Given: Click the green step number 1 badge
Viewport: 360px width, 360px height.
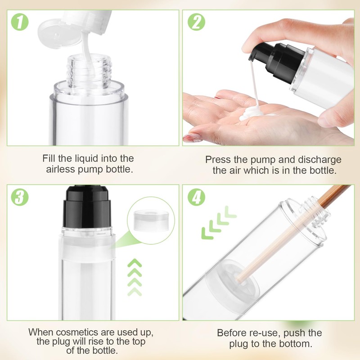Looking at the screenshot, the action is (20, 22).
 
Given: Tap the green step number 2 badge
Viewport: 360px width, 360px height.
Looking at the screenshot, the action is (196, 22).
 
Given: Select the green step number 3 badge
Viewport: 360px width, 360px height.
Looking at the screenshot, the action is (20, 197).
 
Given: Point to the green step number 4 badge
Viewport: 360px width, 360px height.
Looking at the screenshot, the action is (196, 197).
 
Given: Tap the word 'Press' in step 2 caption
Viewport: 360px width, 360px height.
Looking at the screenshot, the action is (218, 160).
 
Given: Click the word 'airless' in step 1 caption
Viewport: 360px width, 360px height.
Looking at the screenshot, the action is (61, 170).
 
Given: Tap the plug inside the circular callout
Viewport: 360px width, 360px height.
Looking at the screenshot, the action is (151, 220).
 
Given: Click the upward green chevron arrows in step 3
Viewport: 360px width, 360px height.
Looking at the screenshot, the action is (135, 277).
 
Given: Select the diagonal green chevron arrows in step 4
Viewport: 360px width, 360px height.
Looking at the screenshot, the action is (219, 223).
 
